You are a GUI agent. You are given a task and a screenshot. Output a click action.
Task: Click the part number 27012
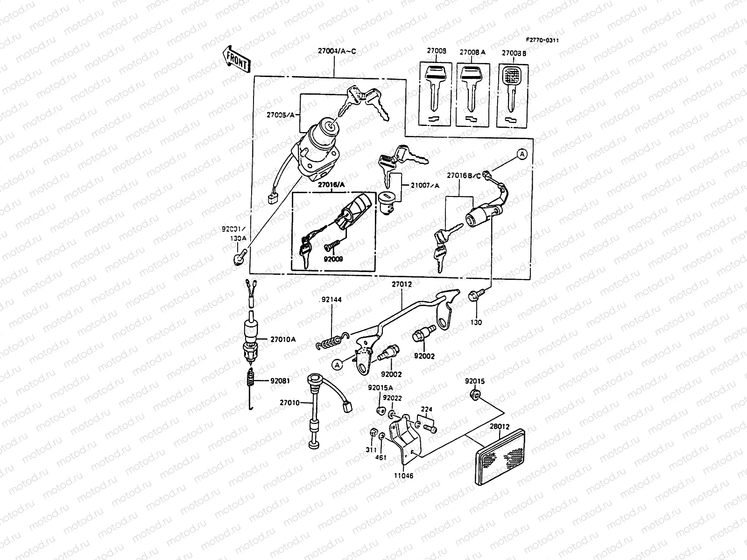pyautogui.click(x=401, y=284)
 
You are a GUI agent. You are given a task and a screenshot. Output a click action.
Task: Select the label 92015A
pyautogui.click(x=380, y=387)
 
